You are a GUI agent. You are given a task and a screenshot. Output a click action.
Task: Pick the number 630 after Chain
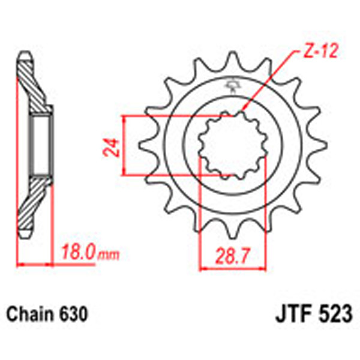[73, 314]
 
